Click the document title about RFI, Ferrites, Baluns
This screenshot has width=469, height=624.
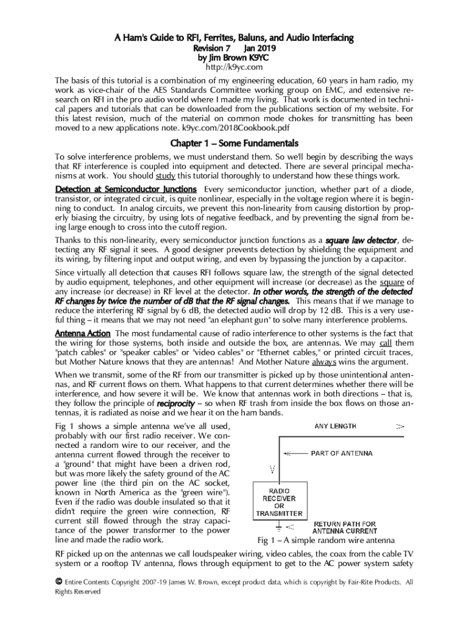coord(234,38)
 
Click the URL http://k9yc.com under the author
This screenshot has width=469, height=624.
coord(234,67)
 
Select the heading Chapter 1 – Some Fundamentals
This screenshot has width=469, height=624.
coord(234,144)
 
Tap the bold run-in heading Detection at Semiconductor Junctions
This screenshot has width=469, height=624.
coord(125,189)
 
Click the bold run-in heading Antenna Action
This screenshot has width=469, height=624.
coord(83,333)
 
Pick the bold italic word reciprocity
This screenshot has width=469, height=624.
coord(177,403)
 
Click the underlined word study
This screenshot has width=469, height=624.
coord(166,176)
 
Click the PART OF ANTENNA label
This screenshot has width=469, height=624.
coord(342,453)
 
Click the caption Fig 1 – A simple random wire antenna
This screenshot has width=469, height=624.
coord(326,541)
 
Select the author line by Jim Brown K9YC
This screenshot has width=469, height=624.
coord(234,58)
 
